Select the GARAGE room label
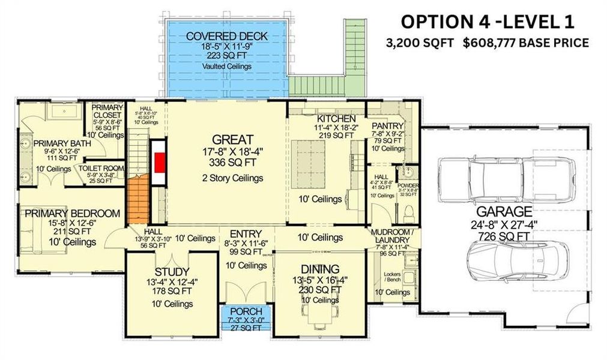(504, 211)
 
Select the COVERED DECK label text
(226, 37)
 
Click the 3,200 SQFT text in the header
(421, 43)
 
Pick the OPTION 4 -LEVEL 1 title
(488, 22)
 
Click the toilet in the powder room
(409, 212)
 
